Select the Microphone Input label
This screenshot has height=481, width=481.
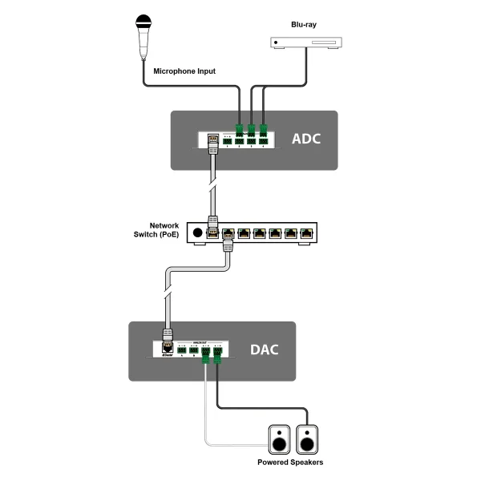(184, 71)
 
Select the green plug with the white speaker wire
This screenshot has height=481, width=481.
(207, 354)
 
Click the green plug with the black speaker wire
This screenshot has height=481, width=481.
(219, 354)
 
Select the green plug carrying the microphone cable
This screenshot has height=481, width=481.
(239, 130)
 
